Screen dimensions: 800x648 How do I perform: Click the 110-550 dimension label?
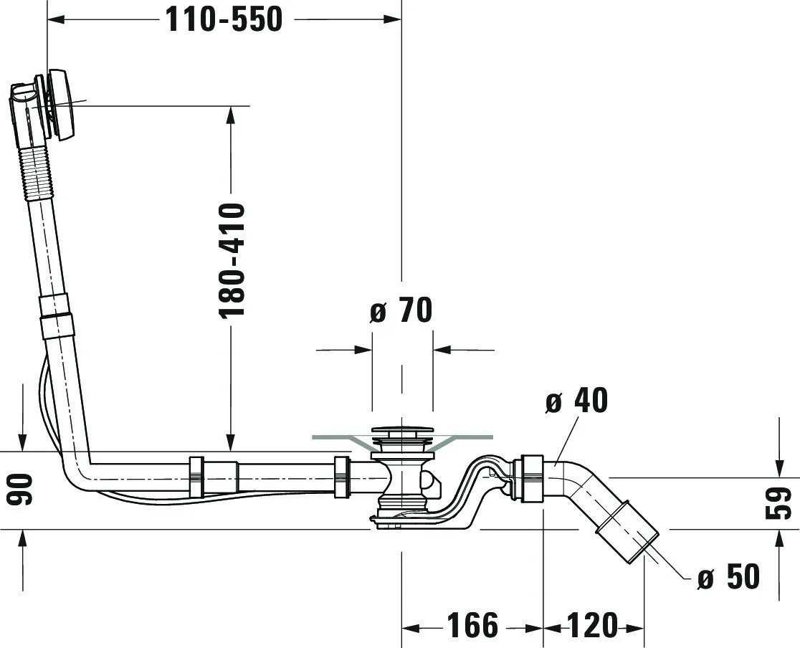click(224, 20)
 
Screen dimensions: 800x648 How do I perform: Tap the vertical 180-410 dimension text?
click(232, 261)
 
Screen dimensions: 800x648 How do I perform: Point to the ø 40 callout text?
click(576, 400)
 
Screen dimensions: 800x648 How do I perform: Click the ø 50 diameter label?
click(728, 576)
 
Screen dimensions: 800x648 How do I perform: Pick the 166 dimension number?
click(472, 625)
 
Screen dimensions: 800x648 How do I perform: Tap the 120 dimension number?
click(592, 625)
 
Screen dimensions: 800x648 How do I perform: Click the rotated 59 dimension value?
click(779, 503)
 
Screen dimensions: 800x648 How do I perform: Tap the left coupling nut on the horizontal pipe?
click(196, 477)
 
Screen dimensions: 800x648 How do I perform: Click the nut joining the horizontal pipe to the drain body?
click(342, 477)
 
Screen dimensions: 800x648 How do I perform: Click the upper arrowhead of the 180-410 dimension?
click(231, 115)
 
